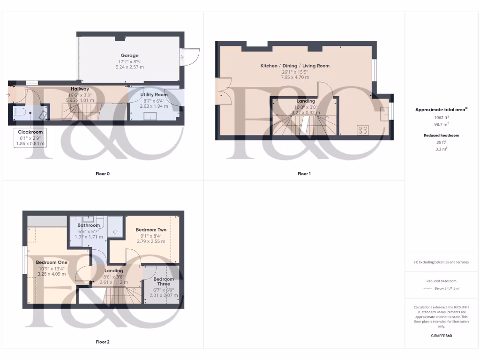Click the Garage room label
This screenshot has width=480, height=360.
[x=129, y=55]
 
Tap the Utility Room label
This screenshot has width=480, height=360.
[x=154, y=95]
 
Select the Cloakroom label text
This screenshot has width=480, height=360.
[x=30, y=132]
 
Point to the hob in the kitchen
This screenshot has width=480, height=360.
[x=363, y=130]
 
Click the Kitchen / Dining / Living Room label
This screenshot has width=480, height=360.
[x=295, y=66]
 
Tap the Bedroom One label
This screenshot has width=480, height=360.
[x=52, y=262]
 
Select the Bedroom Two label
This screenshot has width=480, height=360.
[x=151, y=230]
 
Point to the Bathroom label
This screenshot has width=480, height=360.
[x=89, y=225]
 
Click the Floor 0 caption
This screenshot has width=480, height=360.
[x=103, y=174]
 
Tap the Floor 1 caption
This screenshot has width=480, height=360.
[x=304, y=174]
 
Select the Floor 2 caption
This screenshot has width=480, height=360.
[x=103, y=342]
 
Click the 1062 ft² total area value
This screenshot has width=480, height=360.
[x=441, y=118]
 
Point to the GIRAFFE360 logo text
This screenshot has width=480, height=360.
[x=441, y=336]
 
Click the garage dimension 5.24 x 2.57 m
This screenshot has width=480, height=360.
[x=129, y=67]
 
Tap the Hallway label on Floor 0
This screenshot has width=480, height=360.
[x=80, y=89]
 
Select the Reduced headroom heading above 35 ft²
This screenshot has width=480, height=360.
[x=441, y=135]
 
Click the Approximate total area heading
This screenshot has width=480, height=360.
[x=441, y=110]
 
